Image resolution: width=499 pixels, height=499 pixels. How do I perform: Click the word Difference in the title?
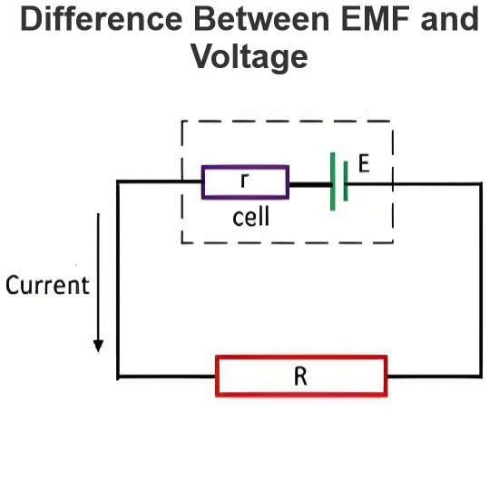(102, 19)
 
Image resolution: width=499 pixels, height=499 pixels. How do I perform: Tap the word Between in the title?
(261, 19)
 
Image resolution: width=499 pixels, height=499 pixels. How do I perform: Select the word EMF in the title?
(376, 19)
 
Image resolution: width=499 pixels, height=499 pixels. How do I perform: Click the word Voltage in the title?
(249, 56)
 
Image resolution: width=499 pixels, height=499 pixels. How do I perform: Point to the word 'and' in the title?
(449, 19)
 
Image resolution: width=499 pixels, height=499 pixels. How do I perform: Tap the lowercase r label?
(244, 181)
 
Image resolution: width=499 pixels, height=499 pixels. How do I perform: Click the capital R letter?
(300, 377)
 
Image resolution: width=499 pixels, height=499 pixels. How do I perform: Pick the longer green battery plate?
(333, 181)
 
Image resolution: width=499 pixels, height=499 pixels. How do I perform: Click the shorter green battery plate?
(346, 181)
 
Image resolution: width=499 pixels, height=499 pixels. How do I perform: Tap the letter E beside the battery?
(364, 163)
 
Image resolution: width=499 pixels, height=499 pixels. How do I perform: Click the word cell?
(251, 217)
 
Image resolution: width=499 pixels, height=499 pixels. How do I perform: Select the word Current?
(47, 285)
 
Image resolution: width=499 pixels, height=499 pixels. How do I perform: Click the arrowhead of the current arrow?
(98, 346)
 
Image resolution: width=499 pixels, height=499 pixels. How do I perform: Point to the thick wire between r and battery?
(310, 184)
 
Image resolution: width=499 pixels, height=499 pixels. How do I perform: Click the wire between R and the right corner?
(435, 377)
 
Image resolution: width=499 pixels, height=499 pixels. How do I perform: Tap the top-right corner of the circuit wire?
(481, 183)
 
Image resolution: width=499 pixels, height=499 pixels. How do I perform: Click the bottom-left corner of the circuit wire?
(118, 377)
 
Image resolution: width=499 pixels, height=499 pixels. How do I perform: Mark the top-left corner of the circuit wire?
(118, 181)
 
